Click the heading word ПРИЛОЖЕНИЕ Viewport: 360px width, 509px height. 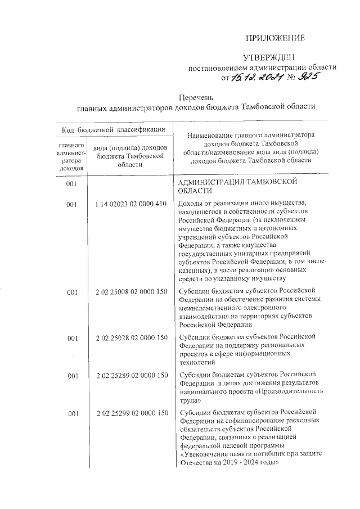pos(276,38)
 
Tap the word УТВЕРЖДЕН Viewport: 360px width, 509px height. pos(268,58)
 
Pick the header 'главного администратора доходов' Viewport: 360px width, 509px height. pos(71,156)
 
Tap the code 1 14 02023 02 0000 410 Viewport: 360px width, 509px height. pos(132,204)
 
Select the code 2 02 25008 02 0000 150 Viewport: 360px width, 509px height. pos(132,292)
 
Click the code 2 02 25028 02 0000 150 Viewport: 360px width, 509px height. pos(132,337)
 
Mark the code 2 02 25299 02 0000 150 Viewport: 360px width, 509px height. pos(132,414)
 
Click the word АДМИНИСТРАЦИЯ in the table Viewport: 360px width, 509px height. pos(211,183)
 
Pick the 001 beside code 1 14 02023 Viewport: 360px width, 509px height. pos(71,204)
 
